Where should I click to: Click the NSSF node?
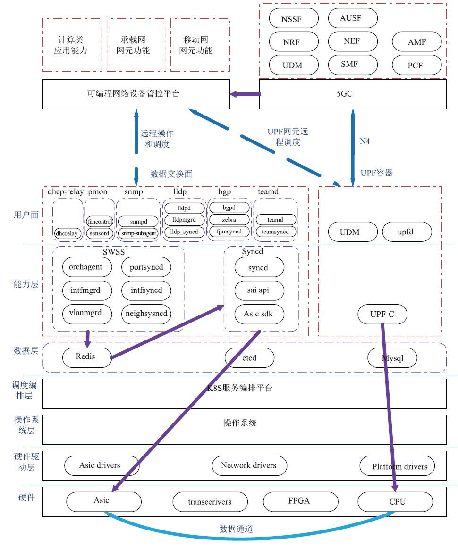(x=294, y=18)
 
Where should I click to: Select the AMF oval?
(x=417, y=42)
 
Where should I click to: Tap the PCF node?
(x=417, y=65)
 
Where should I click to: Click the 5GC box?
(x=353, y=94)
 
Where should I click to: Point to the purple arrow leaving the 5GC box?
(x=245, y=94)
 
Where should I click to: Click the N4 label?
(x=365, y=141)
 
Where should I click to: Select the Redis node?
(x=87, y=357)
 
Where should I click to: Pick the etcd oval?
(x=249, y=357)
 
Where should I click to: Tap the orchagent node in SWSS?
(x=87, y=267)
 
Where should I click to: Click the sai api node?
(x=259, y=290)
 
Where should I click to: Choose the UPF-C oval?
(x=382, y=314)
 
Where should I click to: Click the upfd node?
(x=407, y=232)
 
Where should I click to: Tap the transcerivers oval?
(x=210, y=502)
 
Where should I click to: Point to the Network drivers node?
(x=249, y=465)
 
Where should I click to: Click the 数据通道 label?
(x=236, y=529)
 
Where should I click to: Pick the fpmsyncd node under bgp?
(x=229, y=231)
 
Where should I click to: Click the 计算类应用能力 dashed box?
(x=72, y=45)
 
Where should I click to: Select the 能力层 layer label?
(x=26, y=284)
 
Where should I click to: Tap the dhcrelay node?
(x=67, y=233)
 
